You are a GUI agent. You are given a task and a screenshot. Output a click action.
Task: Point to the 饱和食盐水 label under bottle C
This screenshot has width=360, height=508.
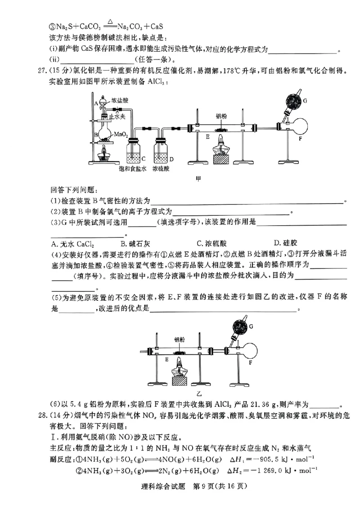pos(133,169)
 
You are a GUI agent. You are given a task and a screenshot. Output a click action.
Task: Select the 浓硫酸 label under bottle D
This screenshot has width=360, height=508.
pos(161,169)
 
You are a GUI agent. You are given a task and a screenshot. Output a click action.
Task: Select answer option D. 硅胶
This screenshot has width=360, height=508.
pos(284,244)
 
